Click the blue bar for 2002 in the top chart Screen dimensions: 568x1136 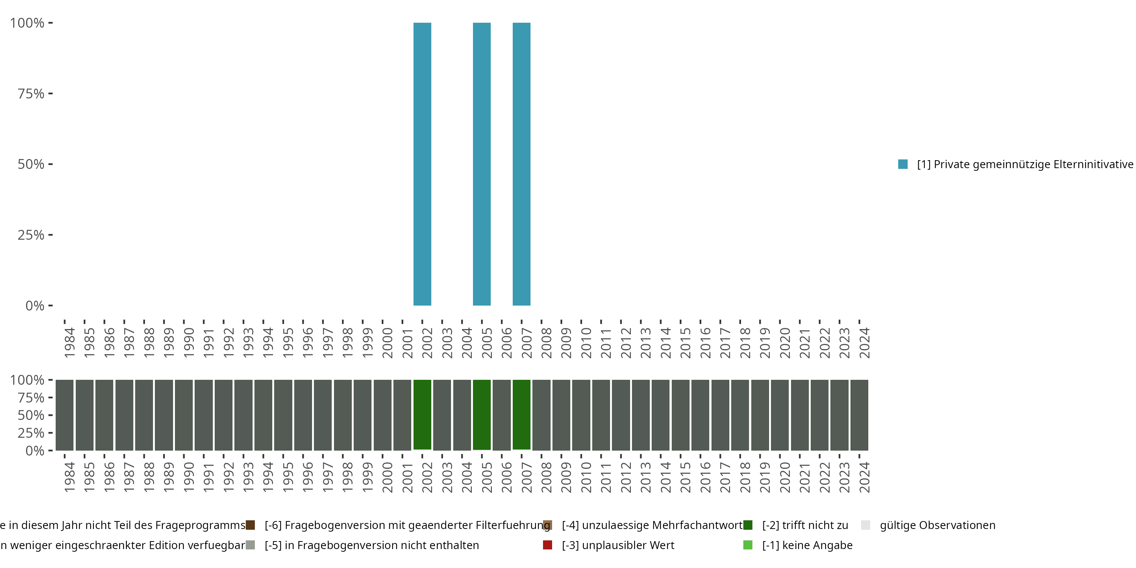[422, 164]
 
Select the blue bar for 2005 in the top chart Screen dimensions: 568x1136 [482, 164]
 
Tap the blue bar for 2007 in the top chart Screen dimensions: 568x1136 [521, 164]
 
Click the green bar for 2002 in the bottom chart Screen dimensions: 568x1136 [422, 415]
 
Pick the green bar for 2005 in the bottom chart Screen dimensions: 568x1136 [482, 415]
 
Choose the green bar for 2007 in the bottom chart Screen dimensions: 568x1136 [521, 415]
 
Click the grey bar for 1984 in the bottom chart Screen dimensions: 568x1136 [64, 415]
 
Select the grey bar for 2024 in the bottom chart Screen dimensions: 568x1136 [859, 415]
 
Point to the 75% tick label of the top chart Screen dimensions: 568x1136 [31, 94]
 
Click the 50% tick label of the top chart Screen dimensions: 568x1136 [31, 164]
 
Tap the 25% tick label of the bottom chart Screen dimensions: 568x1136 [31, 432]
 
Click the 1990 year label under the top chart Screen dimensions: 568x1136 [189, 343]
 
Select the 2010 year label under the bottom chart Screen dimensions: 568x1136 [586, 477]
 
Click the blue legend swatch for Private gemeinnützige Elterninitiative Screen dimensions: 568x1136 [903, 164]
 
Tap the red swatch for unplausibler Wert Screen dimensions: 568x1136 [547, 545]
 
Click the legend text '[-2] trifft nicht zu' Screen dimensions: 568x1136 [805, 525]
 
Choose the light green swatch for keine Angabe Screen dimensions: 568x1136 [747, 545]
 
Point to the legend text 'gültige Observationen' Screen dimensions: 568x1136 [937, 525]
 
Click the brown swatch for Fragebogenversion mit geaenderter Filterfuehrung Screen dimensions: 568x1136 [250, 525]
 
